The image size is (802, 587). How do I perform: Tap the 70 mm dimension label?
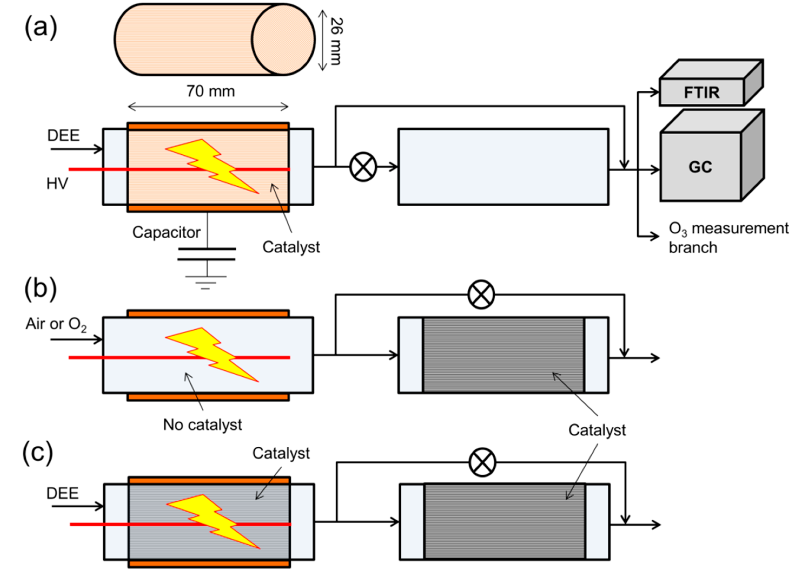point(210,91)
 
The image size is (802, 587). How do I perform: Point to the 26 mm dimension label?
point(336,41)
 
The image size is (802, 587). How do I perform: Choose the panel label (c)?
point(38,453)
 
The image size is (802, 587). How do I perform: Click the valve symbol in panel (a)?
point(363,167)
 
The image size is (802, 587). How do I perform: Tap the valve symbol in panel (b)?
point(481,294)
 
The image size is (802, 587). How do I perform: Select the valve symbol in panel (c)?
point(482,462)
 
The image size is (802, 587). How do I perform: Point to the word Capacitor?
point(166,232)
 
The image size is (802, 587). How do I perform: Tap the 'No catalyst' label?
point(202,425)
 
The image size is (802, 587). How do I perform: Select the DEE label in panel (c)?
point(62,493)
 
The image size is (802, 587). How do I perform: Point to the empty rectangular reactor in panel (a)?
point(503,167)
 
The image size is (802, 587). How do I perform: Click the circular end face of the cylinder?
point(283,39)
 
